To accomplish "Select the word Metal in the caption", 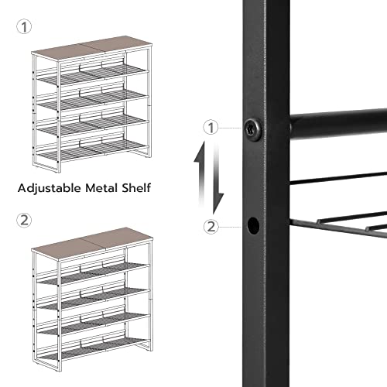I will pyautogui.click(x=114, y=187).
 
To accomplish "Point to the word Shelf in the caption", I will pyautogui.click(x=149, y=187).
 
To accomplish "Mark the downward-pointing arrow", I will pyautogui.click(x=220, y=190).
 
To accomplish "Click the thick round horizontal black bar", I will pyautogui.click(x=337, y=123).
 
